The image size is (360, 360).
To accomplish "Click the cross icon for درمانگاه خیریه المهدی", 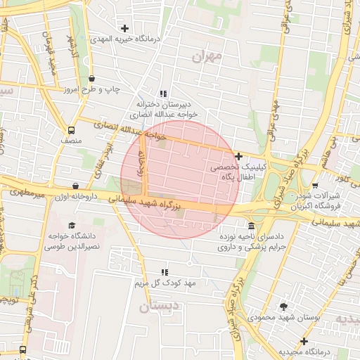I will point(125,29).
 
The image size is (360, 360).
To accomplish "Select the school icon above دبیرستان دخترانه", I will point(163,94).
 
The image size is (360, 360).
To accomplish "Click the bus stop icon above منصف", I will point(70,130).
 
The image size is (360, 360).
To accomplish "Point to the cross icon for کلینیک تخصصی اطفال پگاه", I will point(239,156).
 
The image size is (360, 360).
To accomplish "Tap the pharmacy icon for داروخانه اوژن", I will point(75,186).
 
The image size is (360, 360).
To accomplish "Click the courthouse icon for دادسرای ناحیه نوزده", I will point(252,225).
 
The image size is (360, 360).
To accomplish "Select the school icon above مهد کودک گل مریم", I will point(165,271).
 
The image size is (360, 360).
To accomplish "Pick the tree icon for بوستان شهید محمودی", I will point(283,307).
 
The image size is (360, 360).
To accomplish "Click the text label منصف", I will point(71,141).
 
